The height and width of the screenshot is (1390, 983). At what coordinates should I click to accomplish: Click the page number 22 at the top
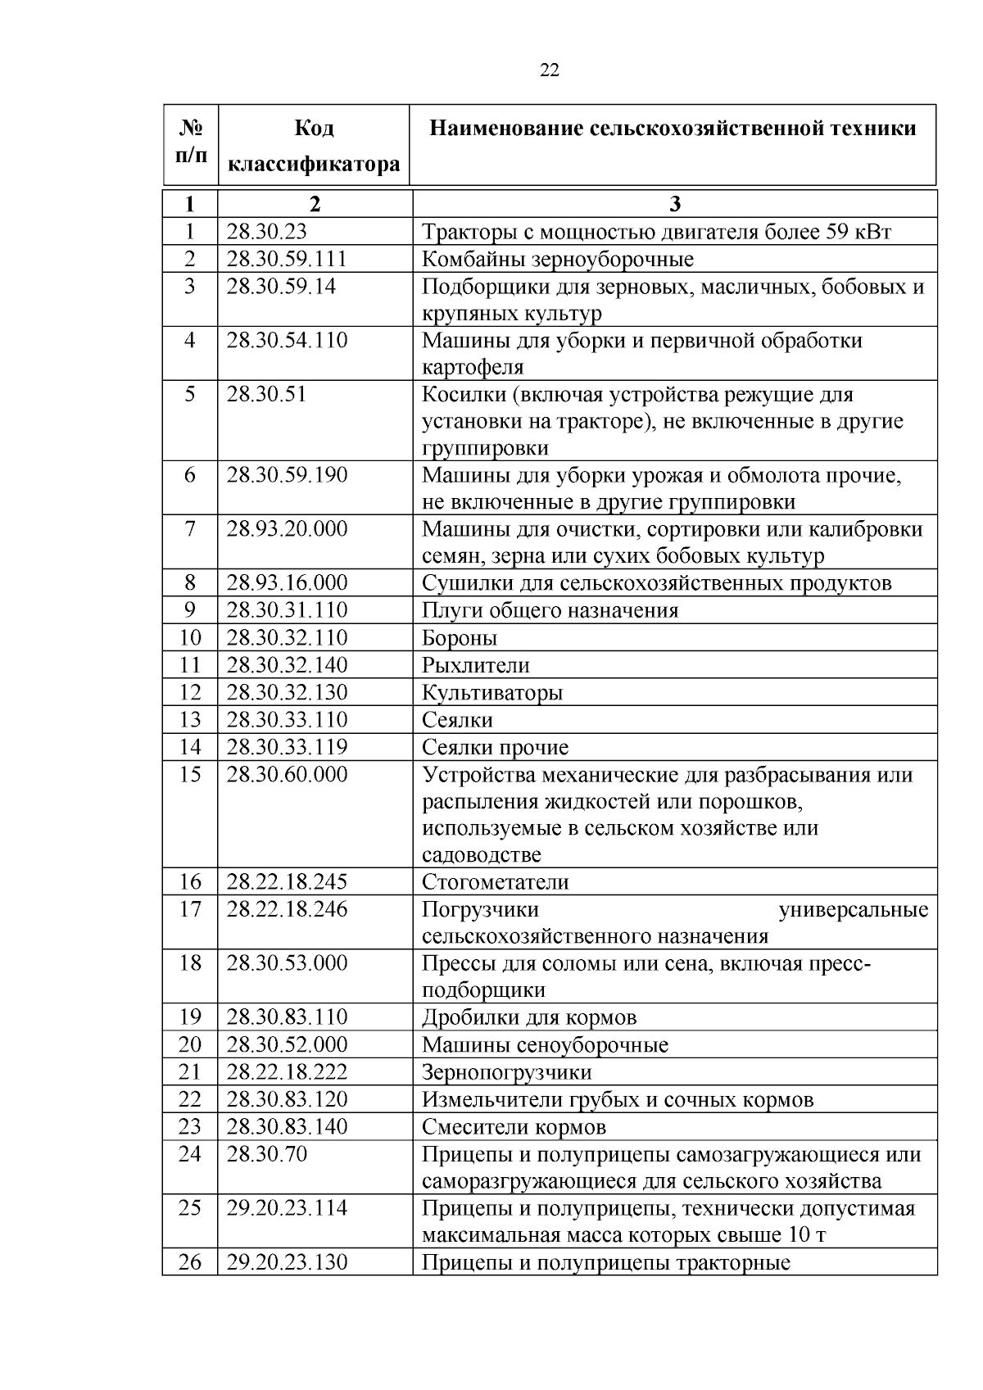pyautogui.click(x=550, y=70)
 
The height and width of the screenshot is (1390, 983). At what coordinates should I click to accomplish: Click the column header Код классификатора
pyautogui.click(x=314, y=147)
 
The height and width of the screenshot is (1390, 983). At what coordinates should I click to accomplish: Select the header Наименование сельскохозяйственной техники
pyautogui.click(x=673, y=129)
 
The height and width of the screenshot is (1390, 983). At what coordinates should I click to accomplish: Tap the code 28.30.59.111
pyautogui.click(x=287, y=260)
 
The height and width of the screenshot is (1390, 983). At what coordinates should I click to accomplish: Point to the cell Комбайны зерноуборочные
pyautogui.click(x=557, y=260)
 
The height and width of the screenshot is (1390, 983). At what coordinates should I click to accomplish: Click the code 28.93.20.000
pyautogui.click(x=287, y=529)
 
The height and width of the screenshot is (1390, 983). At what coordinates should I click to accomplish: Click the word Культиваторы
pyautogui.click(x=492, y=693)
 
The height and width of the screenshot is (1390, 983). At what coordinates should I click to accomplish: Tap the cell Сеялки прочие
pyautogui.click(x=495, y=747)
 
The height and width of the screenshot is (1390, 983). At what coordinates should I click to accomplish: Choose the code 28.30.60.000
pyautogui.click(x=287, y=774)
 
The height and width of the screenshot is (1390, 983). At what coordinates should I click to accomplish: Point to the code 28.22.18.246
pyautogui.click(x=287, y=909)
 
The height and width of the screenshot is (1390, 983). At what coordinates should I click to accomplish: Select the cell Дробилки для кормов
pyautogui.click(x=529, y=1017)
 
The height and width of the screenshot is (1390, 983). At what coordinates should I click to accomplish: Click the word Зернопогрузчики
pyautogui.click(x=506, y=1072)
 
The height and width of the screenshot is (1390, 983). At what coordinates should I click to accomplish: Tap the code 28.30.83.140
pyautogui.click(x=287, y=1126)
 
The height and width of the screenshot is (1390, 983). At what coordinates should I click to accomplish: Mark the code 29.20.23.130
pyautogui.click(x=287, y=1262)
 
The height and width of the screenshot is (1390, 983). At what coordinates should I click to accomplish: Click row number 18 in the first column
pyautogui.click(x=190, y=963)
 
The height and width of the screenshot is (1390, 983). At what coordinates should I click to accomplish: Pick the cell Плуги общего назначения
pyautogui.click(x=550, y=611)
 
